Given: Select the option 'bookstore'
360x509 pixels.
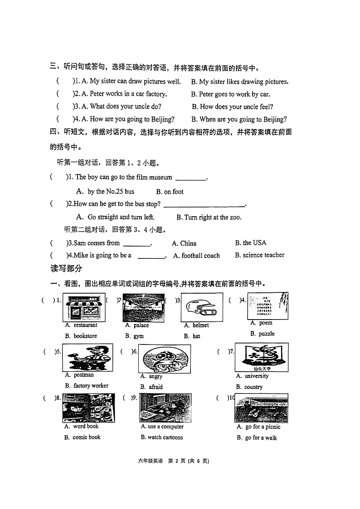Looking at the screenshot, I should [85, 336].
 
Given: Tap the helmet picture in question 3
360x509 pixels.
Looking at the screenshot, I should [202, 307].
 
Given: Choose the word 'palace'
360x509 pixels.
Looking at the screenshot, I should [141, 325].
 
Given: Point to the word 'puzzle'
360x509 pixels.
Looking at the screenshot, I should [267, 334].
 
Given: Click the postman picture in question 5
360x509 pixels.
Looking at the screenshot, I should [88, 357].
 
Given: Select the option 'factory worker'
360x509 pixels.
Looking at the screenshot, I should [91, 386].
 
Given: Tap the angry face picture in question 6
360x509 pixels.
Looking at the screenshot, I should [164, 358].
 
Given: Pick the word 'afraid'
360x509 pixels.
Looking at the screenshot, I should [156, 387].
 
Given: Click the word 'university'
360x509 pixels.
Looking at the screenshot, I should [257, 376].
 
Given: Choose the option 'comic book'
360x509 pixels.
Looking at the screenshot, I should [87, 437].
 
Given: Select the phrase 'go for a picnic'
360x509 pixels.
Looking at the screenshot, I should [263, 427].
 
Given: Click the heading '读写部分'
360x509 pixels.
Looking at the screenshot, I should [66, 268].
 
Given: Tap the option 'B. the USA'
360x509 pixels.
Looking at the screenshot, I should [251, 243].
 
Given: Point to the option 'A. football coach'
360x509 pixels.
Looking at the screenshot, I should [196, 256].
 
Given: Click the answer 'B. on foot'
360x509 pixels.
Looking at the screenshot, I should [170, 192].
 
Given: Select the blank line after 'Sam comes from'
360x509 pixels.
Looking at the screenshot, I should [136, 245].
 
